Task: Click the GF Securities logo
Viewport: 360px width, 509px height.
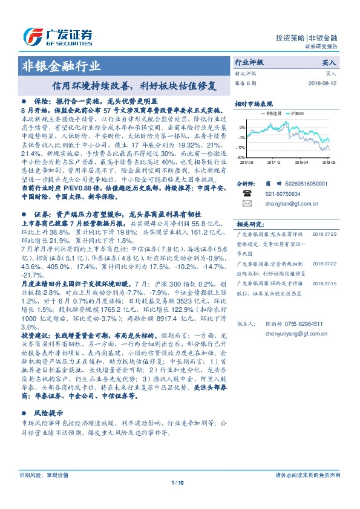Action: click(x=57, y=36)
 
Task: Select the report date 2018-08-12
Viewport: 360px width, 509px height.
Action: click(x=324, y=83)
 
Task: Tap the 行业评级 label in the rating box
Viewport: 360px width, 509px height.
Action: click(x=249, y=62)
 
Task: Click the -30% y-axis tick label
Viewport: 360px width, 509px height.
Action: click(x=241, y=157)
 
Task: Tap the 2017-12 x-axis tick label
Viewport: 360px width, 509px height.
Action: click(x=273, y=162)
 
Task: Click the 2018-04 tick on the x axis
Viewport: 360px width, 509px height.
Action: click(x=301, y=162)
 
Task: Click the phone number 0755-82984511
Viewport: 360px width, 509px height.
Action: click(x=296, y=323)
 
